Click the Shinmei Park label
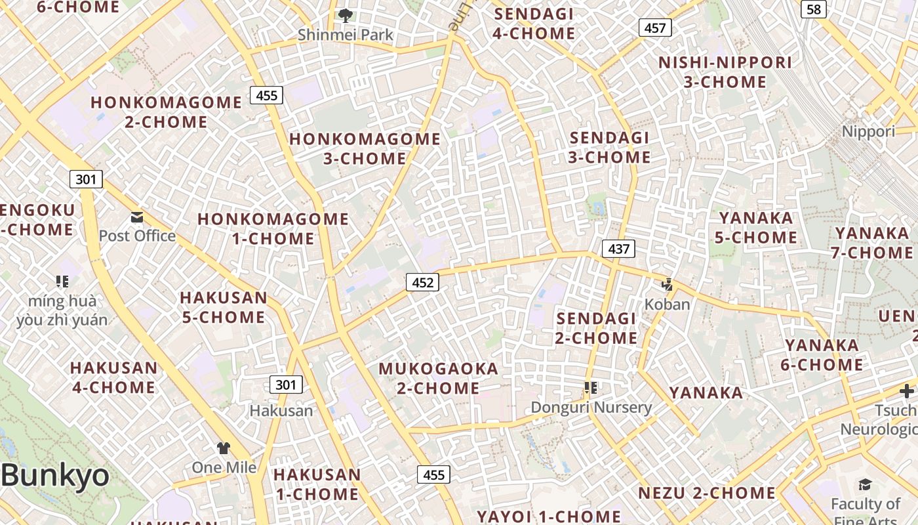(346, 35)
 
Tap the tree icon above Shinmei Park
(346, 15)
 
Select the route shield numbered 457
(655, 28)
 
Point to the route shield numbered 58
(813, 9)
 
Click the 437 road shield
(618, 249)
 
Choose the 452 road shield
(422, 283)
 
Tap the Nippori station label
(868, 131)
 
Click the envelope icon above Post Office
(137, 217)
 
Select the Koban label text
(668, 304)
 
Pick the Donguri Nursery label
(591, 408)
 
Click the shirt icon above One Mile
(224, 448)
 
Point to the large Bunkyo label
(55, 474)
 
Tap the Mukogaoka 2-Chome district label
(439, 379)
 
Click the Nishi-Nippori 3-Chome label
(725, 72)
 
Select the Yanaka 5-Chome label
(756, 228)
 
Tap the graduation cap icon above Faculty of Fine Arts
(865, 485)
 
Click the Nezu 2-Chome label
(707, 493)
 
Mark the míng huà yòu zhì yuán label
(62, 311)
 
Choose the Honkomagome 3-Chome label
(365, 148)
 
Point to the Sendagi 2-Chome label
(596, 328)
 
